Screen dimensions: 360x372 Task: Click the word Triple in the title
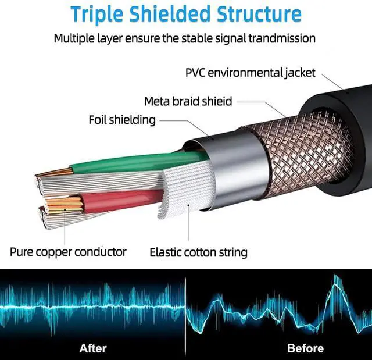coord(96,14)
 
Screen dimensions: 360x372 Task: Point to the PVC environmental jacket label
coord(250,73)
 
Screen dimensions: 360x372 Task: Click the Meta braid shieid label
coord(188,101)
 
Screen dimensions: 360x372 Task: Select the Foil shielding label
coord(122,120)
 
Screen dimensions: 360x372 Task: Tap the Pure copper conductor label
coord(68,252)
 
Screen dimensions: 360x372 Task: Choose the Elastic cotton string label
coord(198,252)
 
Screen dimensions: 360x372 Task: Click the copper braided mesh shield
coord(296,148)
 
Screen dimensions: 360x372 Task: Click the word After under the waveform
coord(93,348)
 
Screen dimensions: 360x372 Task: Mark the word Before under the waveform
coord(305,348)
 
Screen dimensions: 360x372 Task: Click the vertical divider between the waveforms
coord(186,308)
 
